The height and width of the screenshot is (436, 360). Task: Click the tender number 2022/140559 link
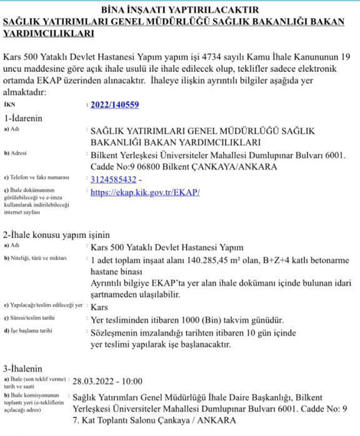point(114,105)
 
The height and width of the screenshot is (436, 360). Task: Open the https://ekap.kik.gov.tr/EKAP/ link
point(145,192)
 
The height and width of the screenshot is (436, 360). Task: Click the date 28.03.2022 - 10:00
point(107,381)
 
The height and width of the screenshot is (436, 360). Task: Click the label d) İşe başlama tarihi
point(29,331)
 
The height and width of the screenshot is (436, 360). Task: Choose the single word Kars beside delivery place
point(100,307)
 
